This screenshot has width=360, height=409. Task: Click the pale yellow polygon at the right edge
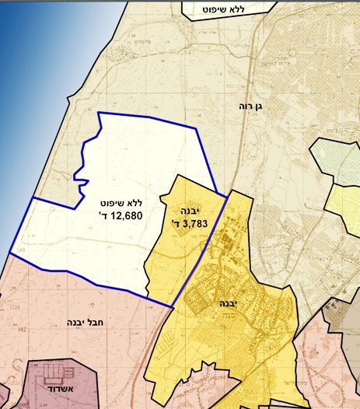click(344, 203)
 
